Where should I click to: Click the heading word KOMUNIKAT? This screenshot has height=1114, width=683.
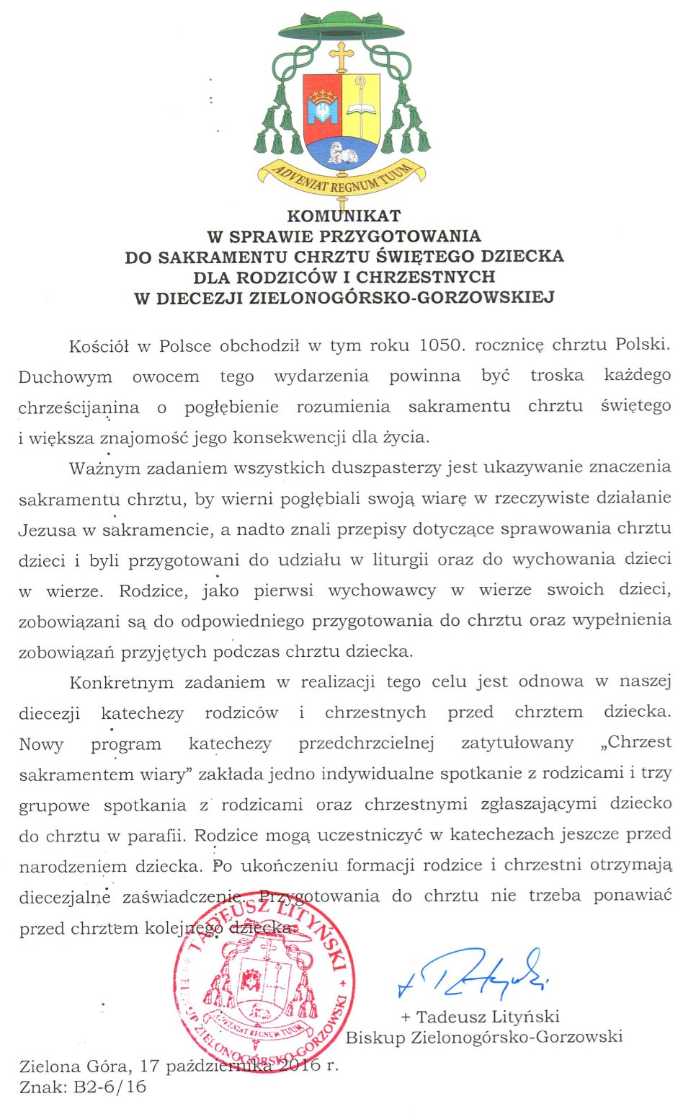pyautogui.click(x=344, y=216)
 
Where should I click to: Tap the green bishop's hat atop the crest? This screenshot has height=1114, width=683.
pyautogui.click(x=341, y=26)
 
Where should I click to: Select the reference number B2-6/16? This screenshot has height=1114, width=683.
pyautogui.click(x=110, y=1087)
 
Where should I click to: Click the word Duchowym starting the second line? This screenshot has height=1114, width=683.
pyautogui.click(x=65, y=377)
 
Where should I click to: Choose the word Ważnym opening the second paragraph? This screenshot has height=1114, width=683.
pyautogui.click(x=104, y=468)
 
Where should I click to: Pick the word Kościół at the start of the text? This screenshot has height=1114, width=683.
pyautogui.click(x=99, y=346)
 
